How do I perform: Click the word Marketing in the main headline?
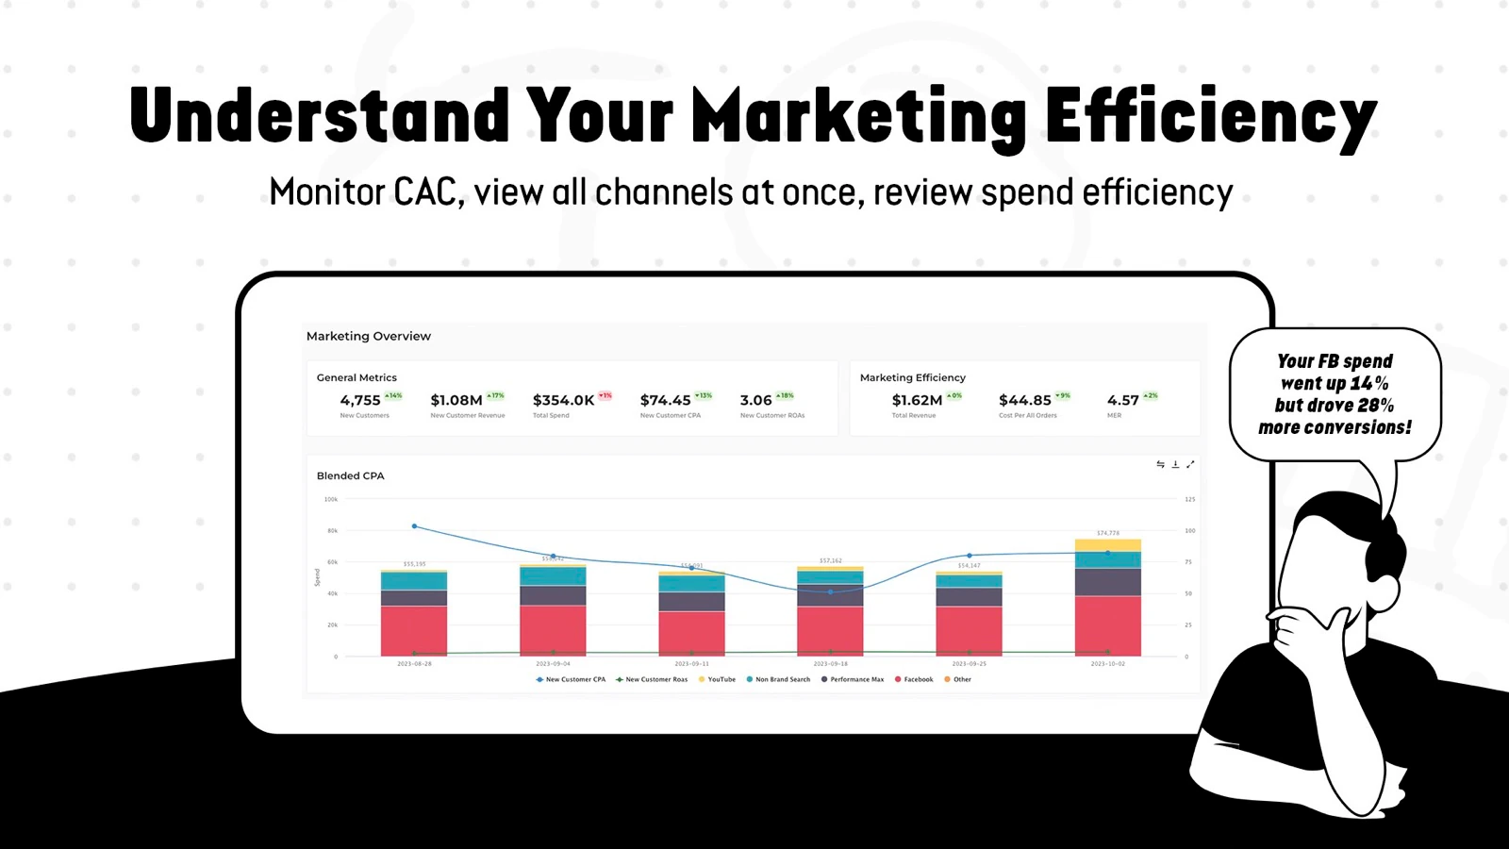[x=858, y=117]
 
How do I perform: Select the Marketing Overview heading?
[x=368, y=336]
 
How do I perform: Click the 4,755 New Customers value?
[x=360, y=400]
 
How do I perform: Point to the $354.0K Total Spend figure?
[x=563, y=400]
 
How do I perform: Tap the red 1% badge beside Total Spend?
[x=605, y=395]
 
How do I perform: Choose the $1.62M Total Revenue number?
[x=917, y=400]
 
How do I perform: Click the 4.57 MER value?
[x=1122, y=400]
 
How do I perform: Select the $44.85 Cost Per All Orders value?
[x=1024, y=400]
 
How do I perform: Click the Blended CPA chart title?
[x=350, y=475]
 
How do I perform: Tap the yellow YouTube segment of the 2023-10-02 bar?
[x=1107, y=545]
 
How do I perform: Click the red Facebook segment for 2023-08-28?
[x=414, y=630]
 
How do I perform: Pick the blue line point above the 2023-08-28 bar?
[x=415, y=526]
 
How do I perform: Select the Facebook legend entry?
[x=914, y=679]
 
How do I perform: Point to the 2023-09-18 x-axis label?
[x=830, y=664]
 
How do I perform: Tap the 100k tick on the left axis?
[x=331, y=499]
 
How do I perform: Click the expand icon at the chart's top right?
[x=1190, y=464]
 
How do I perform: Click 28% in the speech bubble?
[x=1375, y=406]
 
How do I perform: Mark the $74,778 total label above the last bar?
[x=1108, y=533]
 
